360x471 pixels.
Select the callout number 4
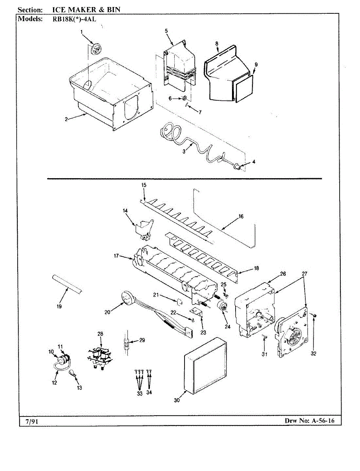coord(254,162)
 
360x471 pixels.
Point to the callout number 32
coord(313,353)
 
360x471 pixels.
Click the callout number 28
coord(101,334)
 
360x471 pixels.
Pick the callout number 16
coord(241,216)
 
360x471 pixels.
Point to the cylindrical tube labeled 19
coord(67,286)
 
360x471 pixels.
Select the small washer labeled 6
coord(185,98)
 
